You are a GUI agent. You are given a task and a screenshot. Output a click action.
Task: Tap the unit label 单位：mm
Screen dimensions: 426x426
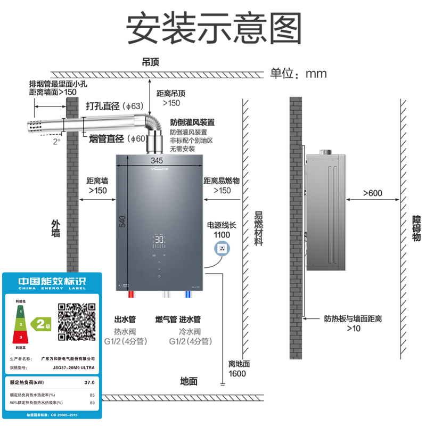(299, 73)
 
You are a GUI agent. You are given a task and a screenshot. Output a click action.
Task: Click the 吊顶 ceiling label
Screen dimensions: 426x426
(151, 62)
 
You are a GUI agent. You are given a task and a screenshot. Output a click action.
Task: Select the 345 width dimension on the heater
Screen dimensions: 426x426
(157, 160)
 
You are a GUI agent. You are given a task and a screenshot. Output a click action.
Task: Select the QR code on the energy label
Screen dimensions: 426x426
(77, 321)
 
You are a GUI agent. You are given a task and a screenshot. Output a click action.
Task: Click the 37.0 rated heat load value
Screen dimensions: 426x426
(89, 382)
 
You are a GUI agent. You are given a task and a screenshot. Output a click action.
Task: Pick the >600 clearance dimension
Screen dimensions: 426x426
(373, 193)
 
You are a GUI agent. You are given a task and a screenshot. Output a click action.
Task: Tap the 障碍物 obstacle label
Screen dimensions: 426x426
(417, 228)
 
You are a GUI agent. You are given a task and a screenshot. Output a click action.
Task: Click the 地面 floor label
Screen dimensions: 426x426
(189, 381)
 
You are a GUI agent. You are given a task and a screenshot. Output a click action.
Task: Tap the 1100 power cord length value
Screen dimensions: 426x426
(222, 235)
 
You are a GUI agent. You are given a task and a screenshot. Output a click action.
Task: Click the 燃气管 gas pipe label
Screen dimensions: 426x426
(166, 319)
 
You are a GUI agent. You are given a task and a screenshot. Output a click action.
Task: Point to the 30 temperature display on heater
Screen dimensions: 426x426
(159, 241)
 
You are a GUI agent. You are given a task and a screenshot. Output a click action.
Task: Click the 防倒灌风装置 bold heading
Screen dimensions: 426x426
(192, 122)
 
